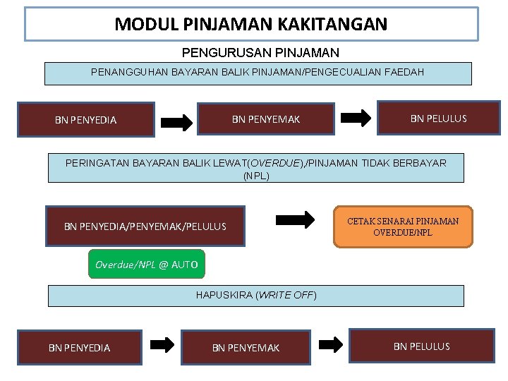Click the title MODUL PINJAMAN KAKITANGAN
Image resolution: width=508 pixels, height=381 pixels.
point(251,25)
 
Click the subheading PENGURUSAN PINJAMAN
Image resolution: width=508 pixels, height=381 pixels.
point(260,53)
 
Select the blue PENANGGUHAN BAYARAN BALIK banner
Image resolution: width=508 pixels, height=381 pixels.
point(258,73)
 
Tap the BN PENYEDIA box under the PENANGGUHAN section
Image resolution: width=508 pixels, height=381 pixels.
point(86,120)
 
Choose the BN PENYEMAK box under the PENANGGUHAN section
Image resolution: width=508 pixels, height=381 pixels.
point(266,119)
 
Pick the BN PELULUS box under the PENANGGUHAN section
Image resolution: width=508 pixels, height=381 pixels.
point(438,119)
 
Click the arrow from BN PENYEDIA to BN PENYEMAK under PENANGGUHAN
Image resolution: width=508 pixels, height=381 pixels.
point(176,122)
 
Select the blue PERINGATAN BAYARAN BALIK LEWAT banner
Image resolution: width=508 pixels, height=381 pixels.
point(256,169)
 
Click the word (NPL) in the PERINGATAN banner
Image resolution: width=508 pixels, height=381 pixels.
point(256,176)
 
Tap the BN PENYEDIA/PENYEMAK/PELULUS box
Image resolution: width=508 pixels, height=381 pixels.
point(145,226)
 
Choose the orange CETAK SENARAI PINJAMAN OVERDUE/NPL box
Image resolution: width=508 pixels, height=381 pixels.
point(403,226)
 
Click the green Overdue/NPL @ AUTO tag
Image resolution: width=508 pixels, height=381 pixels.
point(147,265)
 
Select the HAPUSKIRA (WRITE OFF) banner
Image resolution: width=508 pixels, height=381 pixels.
point(256,295)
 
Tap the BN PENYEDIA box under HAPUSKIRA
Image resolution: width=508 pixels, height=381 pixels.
point(79,347)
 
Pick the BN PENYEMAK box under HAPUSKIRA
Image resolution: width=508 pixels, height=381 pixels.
point(246,347)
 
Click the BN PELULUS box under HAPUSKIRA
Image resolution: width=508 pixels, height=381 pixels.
point(421,346)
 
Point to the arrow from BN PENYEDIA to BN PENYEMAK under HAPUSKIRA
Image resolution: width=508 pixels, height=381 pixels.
point(163,345)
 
